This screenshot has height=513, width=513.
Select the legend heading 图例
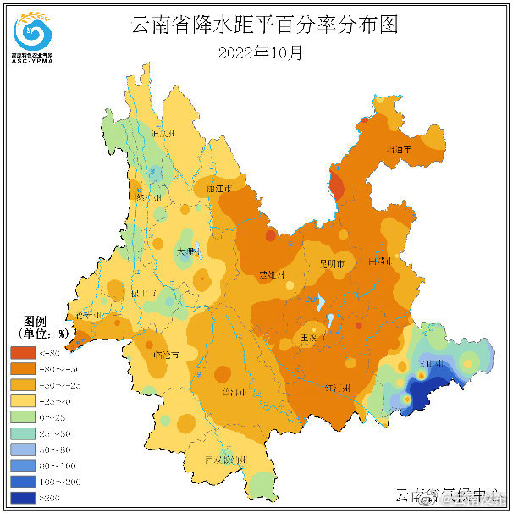(35, 321)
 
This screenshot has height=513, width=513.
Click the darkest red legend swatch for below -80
(22, 352)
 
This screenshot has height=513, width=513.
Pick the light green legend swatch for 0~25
(22, 416)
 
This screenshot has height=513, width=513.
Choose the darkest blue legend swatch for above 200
(22, 498)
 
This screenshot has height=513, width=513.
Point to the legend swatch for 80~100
(22, 465)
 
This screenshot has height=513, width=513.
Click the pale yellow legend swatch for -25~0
(22, 400)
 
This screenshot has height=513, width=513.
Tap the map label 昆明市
(329, 265)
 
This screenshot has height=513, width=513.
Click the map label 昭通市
(399, 149)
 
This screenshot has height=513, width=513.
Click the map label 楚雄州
(272, 275)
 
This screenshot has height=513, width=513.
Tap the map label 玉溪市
(309, 338)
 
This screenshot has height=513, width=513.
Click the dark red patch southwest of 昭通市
(337, 185)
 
